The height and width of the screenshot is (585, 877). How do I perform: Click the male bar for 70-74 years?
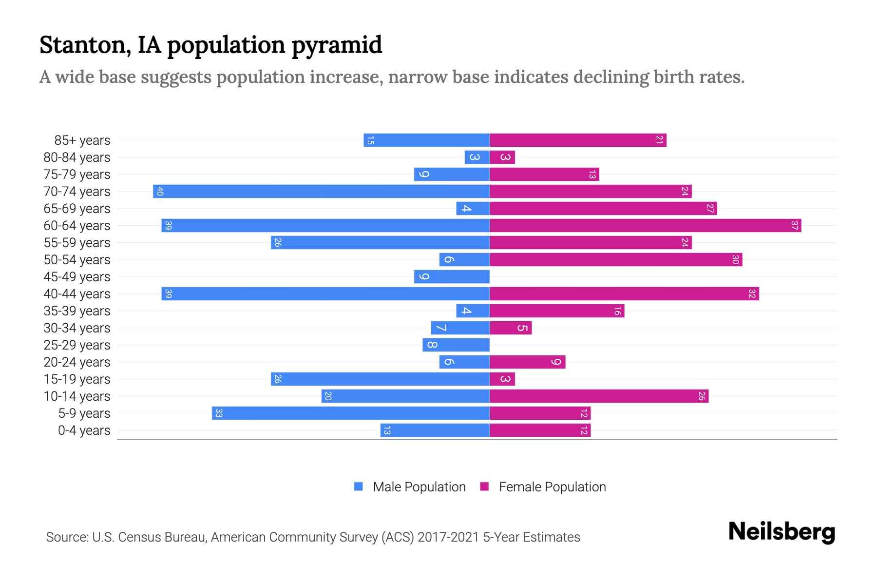coord(322,191)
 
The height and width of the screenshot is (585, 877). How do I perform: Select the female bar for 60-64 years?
coord(646,225)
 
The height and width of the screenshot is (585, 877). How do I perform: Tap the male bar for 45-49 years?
coord(452,276)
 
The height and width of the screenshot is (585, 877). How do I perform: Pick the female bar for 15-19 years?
coord(502,379)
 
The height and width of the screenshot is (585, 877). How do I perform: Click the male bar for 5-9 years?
coord(351,413)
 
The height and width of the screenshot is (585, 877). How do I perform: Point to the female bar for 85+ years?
coord(578,140)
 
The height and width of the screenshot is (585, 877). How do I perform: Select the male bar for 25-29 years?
coord(456,345)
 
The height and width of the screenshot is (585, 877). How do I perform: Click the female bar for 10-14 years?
coord(599,396)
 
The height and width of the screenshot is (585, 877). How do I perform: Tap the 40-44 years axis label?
coord(77,294)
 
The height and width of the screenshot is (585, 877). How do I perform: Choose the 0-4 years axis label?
coord(84,430)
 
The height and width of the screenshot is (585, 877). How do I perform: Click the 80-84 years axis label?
coord(77,157)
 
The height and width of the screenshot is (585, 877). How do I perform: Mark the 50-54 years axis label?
coord(77,260)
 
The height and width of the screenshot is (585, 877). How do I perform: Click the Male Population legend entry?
coord(419,487)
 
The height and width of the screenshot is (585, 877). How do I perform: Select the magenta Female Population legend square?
coord(484,487)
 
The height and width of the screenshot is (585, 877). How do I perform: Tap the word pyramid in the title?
coord(337,45)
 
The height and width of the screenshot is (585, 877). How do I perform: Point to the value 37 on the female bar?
coord(794,225)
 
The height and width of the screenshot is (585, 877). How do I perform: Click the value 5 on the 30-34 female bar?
coord(522,328)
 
